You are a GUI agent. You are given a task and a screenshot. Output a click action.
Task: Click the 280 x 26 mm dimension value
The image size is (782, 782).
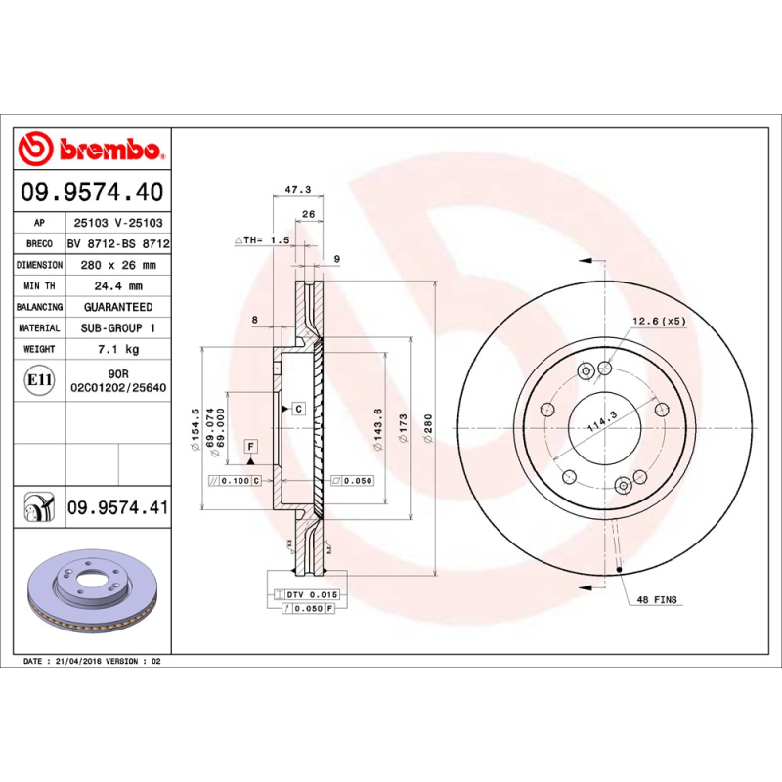coord(118,265)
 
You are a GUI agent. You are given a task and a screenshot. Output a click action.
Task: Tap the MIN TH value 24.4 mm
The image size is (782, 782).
coord(118,286)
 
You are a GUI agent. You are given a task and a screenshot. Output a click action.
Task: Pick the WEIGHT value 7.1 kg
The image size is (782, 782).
coord(118,349)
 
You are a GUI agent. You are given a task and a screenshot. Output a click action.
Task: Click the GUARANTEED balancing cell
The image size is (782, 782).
coord(118,307)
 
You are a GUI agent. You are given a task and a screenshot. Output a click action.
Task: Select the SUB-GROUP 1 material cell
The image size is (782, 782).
coord(118,328)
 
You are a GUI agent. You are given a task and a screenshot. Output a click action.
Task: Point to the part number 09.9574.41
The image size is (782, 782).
coord(118,507)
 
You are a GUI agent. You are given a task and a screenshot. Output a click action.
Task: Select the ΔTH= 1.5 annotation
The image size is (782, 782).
coord(263,239)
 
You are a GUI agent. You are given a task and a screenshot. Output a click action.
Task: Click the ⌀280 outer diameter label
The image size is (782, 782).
coord(428,428)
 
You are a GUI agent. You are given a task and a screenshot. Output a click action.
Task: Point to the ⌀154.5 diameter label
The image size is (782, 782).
coord(196,426)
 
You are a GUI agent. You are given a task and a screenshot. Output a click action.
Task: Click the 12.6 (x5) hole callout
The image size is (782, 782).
coord(659,321)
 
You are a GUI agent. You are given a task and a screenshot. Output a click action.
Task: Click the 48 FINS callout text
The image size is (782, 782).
coord(657,598)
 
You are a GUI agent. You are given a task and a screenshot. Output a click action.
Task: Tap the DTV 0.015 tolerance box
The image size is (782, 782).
coord(310,594)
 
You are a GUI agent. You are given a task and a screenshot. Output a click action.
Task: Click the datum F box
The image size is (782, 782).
coord(251,447)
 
